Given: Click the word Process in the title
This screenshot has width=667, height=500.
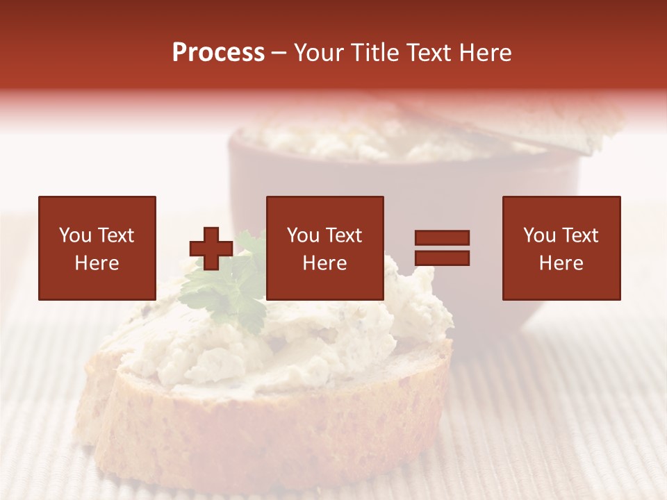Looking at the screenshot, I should pyautogui.click(x=218, y=53).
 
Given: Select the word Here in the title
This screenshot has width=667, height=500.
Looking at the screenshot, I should pyautogui.click(x=485, y=53).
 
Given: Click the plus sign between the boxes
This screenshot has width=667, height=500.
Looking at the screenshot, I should pyautogui.click(x=211, y=249).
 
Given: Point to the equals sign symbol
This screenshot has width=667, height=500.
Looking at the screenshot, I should pyautogui.click(x=442, y=248).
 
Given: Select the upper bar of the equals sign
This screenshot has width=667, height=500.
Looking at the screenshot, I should pyautogui.click(x=442, y=238).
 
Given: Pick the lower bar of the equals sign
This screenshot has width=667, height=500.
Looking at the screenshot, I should pyautogui.click(x=442, y=258).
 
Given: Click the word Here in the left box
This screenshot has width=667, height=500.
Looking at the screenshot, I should pyautogui.click(x=97, y=263).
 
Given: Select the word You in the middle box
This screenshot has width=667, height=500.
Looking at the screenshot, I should pyautogui.click(x=303, y=235).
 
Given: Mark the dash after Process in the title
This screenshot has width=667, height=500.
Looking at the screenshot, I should pyautogui.click(x=279, y=53).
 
